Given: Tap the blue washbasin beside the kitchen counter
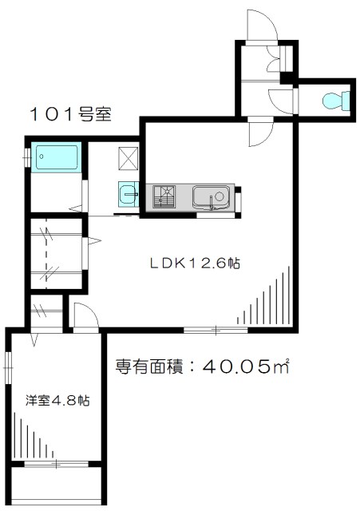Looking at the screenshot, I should point(129,193).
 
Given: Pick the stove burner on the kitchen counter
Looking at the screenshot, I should point(165,196).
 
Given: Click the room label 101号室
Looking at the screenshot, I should point(71,114).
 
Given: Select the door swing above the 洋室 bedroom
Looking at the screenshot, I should point(85,315).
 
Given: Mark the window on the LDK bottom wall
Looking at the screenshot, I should point(216,329).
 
